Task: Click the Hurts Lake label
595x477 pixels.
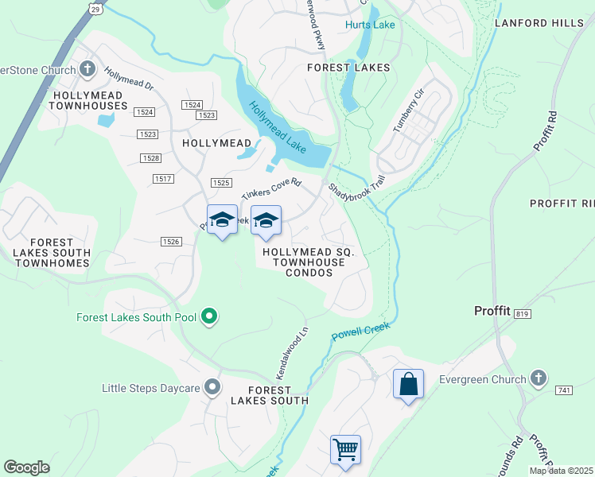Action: click(370, 25)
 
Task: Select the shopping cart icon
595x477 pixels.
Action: click(346, 449)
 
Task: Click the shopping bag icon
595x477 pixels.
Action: click(408, 384)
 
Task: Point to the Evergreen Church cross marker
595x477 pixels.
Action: click(539, 379)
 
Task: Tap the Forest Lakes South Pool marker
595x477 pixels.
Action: click(209, 317)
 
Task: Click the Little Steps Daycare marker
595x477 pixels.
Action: click(212, 388)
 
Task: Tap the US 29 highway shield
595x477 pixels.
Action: click(95, 9)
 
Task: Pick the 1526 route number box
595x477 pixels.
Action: click(169, 241)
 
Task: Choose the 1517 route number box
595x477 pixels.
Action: click(163, 179)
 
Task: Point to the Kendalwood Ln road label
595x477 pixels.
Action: click(291, 353)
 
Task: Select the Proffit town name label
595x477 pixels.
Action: click(492, 311)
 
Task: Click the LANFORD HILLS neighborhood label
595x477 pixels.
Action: click(539, 23)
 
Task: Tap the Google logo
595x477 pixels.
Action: click(26, 467)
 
